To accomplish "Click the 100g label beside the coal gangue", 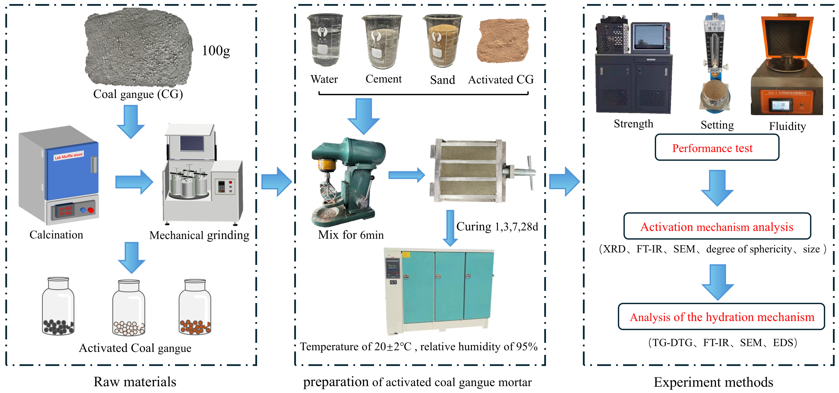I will pyautogui.click(x=216, y=51).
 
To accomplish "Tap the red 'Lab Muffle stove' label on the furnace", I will pyautogui.click(x=69, y=156).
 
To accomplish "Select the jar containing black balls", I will pyautogui.click(x=58, y=307).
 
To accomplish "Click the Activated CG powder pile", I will pyautogui.click(x=503, y=40).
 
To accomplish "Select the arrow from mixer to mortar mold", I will pyautogui.click(x=406, y=175).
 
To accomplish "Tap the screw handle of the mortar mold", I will pyautogui.click(x=524, y=172).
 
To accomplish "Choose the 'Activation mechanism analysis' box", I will pyautogui.click(x=717, y=226).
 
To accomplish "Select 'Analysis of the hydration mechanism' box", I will pyautogui.click(x=721, y=317).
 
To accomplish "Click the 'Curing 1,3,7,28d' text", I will pyautogui.click(x=497, y=226).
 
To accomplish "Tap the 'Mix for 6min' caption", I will pyautogui.click(x=351, y=235).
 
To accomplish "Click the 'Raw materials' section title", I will pyautogui.click(x=135, y=382).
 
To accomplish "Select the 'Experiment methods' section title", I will pyautogui.click(x=713, y=382).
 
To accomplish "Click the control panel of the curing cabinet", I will pyautogui.click(x=393, y=270).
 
